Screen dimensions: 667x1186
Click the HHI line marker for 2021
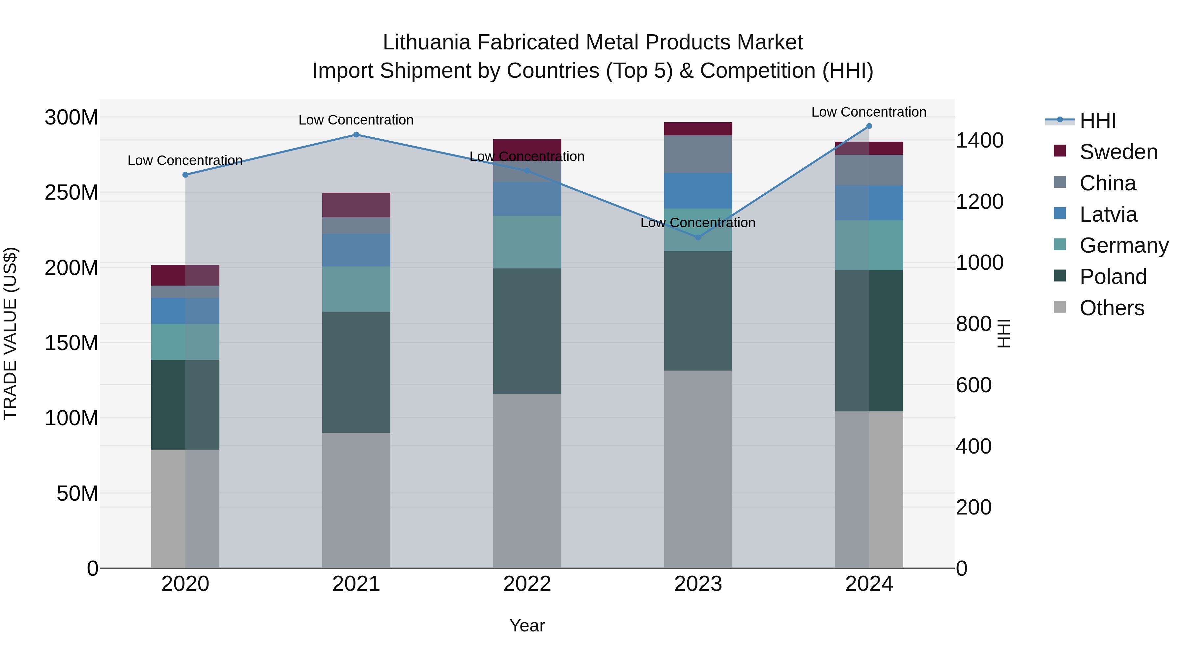click(x=356, y=135)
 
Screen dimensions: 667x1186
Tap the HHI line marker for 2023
click(x=698, y=237)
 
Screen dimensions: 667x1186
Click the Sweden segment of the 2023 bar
click(x=698, y=129)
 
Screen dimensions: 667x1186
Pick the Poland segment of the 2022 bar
click(x=527, y=331)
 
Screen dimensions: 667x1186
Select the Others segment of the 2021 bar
click(x=356, y=500)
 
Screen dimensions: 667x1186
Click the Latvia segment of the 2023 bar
click(x=698, y=191)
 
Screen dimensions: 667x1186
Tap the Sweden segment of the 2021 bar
click(x=356, y=205)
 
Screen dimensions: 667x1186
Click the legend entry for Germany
click(x=1123, y=245)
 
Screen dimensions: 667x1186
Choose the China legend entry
click(x=1107, y=183)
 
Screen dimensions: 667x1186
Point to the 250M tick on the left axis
click(x=71, y=192)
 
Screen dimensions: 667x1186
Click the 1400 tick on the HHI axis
click(x=979, y=140)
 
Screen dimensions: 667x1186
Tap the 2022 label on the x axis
click(x=527, y=584)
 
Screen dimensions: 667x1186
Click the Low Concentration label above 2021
click(x=356, y=120)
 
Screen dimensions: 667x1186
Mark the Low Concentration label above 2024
click(x=869, y=112)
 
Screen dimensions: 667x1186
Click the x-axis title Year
click(x=527, y=625)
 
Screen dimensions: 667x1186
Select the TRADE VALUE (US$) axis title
click(x=10, y=333)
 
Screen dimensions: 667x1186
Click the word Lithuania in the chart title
click(x=426, y=43)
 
